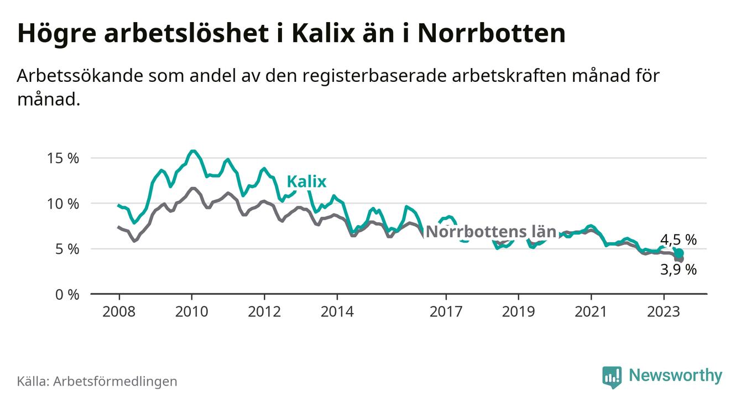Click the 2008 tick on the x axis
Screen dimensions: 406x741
tap(119, 311)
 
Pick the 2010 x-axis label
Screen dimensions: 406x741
tap(191, 311)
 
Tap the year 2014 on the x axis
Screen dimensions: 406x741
tap(337, 311)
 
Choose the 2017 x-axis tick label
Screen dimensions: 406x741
tap(446, 311)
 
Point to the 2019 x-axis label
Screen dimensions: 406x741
tap(518, 311)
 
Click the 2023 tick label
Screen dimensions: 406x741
tap(664, 311)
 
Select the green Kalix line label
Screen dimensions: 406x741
tap(306, 182)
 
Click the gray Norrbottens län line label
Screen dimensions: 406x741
tap(491, 232)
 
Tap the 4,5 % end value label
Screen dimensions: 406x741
tap(679, 240)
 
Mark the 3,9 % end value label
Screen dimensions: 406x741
tap(679, 270)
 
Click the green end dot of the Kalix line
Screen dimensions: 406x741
tap(679, 253)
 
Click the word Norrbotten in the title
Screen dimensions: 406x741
tap(492, 34)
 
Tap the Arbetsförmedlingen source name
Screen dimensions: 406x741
tap(115, 381)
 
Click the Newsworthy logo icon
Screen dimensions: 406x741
tap(612, 377)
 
